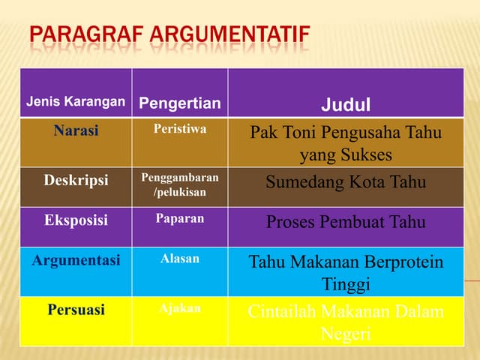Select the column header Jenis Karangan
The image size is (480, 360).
[x=76, y=102]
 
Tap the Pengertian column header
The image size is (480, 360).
[x=180, y=103]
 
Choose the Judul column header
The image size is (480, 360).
[x=346, y=103]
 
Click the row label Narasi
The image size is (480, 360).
[x=76, y=130]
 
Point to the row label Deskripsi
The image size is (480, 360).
[x=76, y=180]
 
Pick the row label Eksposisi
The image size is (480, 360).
[x=76, y=220]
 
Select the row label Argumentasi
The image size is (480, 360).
[x=76, y=259]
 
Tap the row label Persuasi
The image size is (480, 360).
[x=76, y=309]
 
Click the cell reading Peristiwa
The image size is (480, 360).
[x=180, y=129]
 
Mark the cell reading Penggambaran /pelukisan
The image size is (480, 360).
[x=180, y=185]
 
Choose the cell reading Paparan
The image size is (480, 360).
[x=180, y=219]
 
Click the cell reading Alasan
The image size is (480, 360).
[x=180, y=259]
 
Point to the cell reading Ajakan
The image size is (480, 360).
[x=180, y=308]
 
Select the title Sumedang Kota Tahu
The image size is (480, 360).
[x=346, y=182]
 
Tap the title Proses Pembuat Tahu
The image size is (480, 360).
[x=346, y=222]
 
